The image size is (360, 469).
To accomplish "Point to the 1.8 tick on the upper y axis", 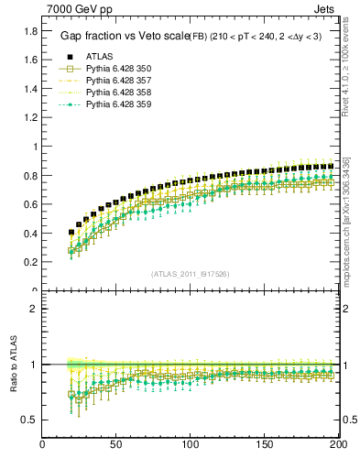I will tap(29, 30).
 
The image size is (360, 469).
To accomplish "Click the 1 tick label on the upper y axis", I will tap(34, 147).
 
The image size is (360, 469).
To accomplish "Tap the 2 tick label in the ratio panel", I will tap(34, 309).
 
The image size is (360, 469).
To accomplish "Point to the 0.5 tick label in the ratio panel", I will tap(29, 420).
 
